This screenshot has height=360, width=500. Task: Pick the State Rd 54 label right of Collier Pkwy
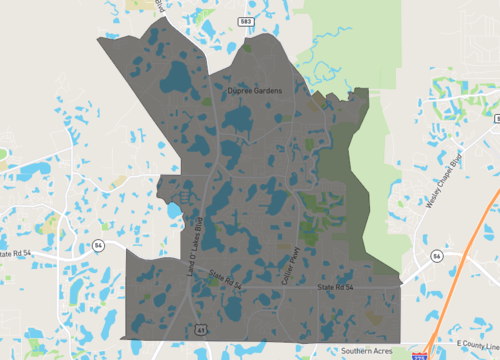pyautogui.click(x=336, y=287)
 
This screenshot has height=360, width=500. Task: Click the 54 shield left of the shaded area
pyautogui.click(x=97, y=245)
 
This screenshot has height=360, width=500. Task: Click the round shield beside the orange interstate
pyautogui.click(x=437, y=256)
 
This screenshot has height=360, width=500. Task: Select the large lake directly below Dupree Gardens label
pyautogui.click(x=239, y=120)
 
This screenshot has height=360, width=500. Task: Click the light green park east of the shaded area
pyautogui.click(x=385, y=200)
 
